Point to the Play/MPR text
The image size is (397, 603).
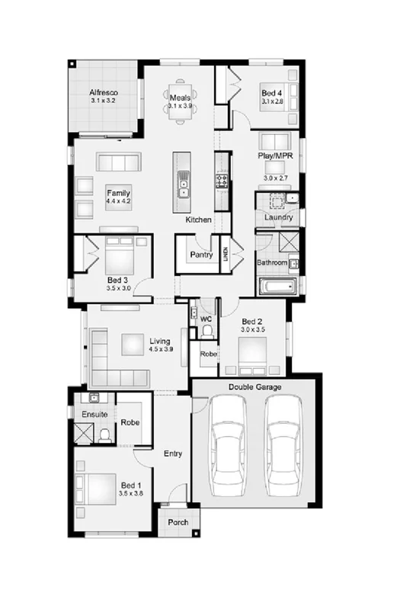275,156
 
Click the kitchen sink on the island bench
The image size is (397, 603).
183,184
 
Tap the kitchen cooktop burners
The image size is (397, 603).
223,181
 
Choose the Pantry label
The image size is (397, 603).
201,254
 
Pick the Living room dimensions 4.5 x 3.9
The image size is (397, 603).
160,350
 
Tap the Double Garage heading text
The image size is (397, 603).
255,388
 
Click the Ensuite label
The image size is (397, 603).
94,414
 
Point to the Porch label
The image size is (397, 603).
178,523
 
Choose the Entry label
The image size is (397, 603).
173,454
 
